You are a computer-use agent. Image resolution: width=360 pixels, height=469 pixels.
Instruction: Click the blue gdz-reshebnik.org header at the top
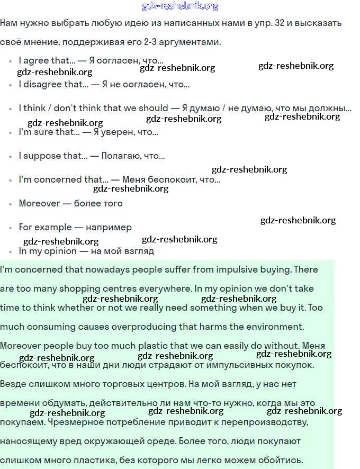point(180,6)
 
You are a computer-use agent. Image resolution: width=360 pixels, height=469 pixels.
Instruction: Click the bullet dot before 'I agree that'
point(11,61)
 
